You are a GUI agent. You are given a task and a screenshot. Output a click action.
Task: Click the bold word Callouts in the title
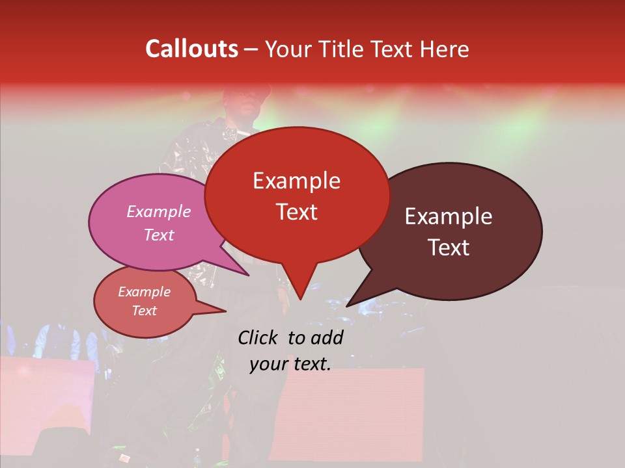tap(191, 49)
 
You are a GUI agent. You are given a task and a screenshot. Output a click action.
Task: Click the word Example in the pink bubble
tap(158, 211)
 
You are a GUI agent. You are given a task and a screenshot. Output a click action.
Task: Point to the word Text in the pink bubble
tap(158, 235)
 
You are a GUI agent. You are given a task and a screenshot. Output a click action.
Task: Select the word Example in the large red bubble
tap(296, 181)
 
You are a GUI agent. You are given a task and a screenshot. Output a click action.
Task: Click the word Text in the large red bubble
tap(296, 212)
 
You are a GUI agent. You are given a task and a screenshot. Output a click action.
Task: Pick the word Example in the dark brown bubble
tap(449, 216)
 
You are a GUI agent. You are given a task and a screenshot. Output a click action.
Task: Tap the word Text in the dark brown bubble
tap(449, 248)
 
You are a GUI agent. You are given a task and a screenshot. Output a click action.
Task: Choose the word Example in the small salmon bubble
tap(144, 292)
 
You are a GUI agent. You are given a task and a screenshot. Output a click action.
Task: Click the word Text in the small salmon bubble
tap(144, 311)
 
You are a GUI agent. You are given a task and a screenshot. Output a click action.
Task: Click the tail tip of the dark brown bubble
tap(347, 305)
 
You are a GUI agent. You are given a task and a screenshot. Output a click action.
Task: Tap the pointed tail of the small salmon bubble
tap(225, 311)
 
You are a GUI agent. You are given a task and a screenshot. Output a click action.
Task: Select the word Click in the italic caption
tap(258, 337)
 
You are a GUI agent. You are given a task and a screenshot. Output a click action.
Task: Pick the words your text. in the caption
tap(290, 364)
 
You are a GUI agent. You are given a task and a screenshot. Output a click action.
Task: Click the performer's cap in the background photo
tap(246, 90)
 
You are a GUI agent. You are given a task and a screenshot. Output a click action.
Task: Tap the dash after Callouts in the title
tap(251, 49)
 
